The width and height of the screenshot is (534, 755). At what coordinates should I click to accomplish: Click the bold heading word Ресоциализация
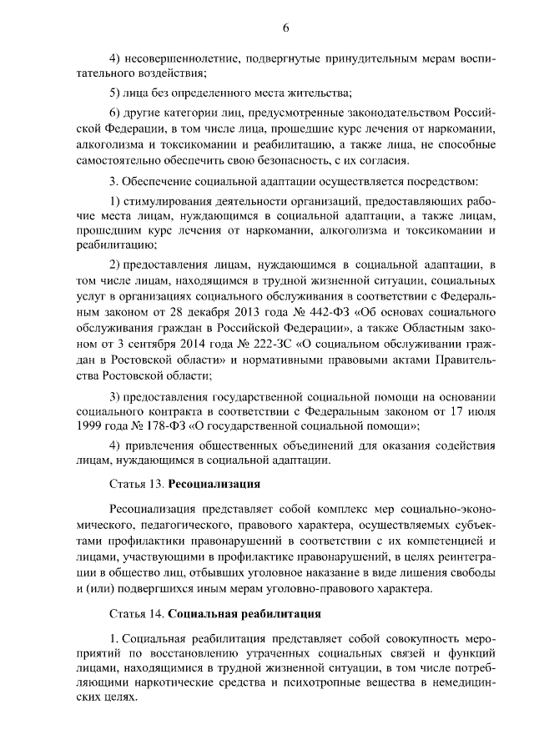click(214, 484)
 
